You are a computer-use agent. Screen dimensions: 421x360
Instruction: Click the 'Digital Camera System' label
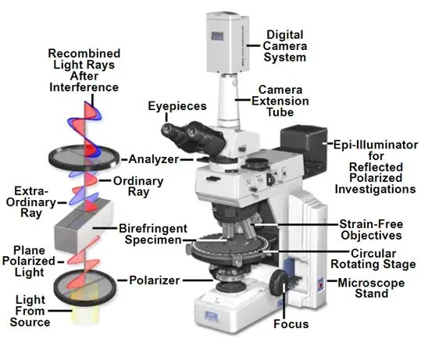[284, 46]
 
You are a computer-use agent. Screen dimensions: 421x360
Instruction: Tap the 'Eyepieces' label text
[177, 106]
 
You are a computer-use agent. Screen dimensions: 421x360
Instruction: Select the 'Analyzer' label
[154, 159]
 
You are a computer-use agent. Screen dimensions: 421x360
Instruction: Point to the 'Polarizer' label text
[155, 280]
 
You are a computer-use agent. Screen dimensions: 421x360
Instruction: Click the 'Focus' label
[291, 324]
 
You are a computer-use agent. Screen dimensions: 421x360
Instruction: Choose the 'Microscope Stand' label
[371, 288]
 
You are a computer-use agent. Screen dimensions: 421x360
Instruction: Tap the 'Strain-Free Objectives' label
[371, 230]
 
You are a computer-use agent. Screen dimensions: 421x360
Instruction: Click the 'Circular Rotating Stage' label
[373, 258]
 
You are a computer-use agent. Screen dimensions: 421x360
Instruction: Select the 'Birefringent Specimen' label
[153, 234]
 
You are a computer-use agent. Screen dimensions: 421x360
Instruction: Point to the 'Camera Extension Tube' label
[280, 101]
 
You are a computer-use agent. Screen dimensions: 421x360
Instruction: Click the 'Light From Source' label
[30, 311]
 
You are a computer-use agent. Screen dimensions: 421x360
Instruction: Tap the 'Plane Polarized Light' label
[29, 261]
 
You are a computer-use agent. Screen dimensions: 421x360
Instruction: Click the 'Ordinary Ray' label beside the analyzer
[138, 187]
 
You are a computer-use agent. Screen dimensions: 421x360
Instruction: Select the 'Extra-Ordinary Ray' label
[31, 202]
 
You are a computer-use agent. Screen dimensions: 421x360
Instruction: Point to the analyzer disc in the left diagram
[84, 158]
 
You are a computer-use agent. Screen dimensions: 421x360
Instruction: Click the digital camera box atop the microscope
[228, 42]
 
